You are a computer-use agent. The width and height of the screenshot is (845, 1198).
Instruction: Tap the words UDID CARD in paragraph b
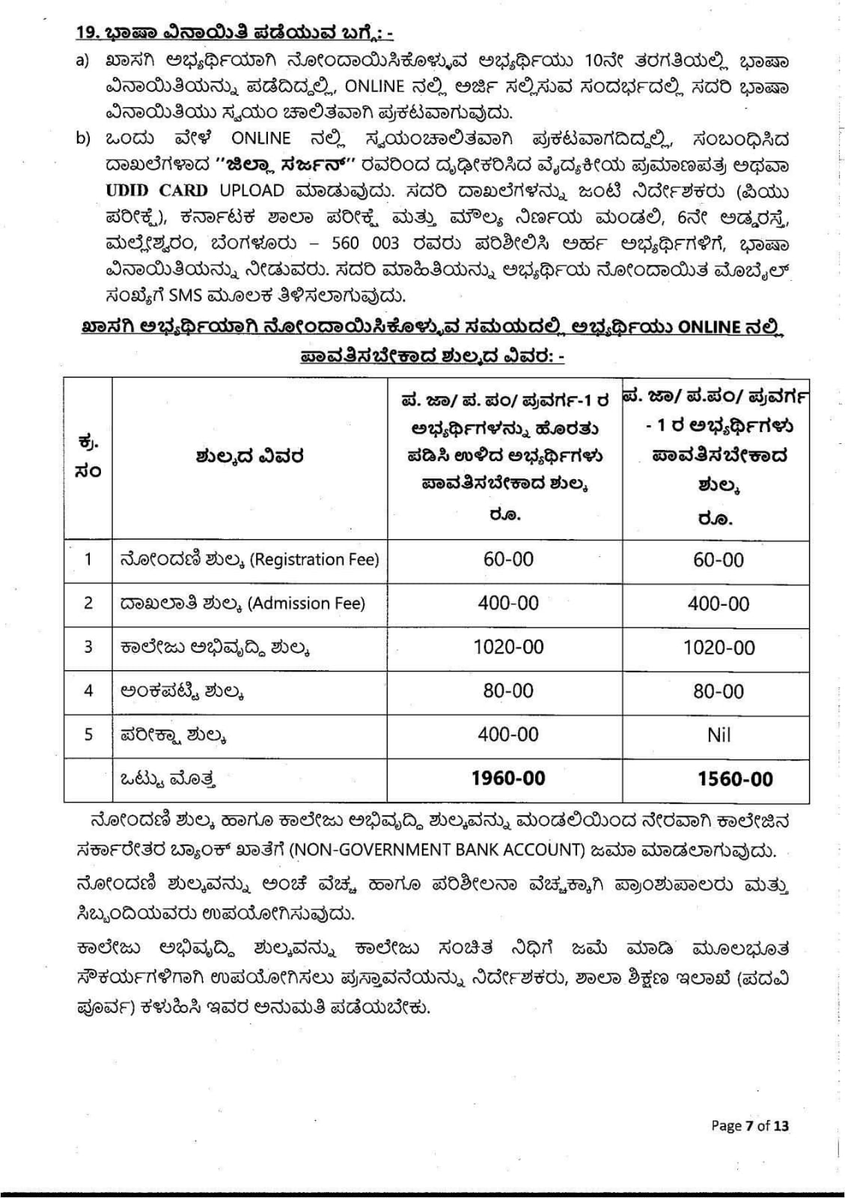click(156, 191)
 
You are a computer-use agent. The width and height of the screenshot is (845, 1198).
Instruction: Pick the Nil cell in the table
click(718, 735)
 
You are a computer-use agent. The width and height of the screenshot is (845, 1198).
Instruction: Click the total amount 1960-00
click(508, 779)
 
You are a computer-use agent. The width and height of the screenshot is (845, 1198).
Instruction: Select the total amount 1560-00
click(735, 779)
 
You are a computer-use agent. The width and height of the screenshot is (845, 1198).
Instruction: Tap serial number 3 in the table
click(88, 647)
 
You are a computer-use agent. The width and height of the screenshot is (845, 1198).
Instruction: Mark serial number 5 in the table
click(88, 735)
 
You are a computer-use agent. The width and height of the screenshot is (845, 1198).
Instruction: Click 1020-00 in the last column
click(719, 648)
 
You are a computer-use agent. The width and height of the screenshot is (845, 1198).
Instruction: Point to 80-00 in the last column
click(719, 691)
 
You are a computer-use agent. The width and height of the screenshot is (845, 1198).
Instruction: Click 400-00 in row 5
click(508, 735)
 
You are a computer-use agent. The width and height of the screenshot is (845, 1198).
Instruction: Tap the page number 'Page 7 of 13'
click(749, 1125)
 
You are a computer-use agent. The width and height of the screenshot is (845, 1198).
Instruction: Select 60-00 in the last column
click(719, 560)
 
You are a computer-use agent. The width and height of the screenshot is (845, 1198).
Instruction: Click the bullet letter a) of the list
click(82, 60)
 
